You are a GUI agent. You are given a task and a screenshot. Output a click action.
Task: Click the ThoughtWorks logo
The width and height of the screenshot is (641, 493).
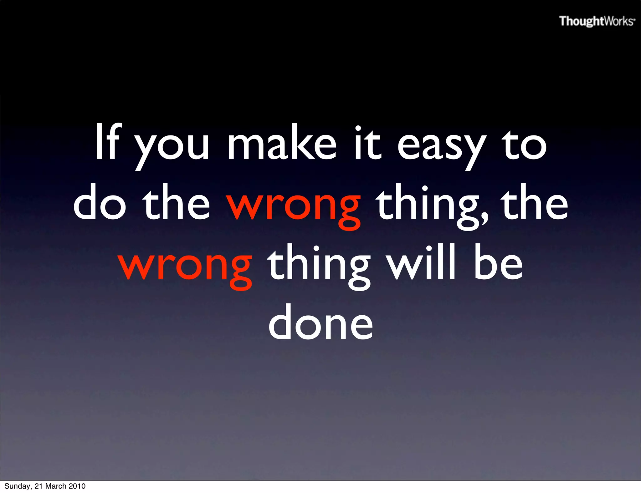coord(597,21)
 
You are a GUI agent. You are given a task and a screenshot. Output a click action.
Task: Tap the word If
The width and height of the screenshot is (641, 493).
coord(107,142)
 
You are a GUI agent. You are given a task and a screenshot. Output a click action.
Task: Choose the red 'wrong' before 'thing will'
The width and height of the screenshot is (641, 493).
coord(185,266)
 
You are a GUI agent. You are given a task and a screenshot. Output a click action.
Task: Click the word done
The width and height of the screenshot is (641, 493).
coord(321,322)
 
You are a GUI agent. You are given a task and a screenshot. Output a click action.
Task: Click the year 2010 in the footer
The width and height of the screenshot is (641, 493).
coord(77,486)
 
